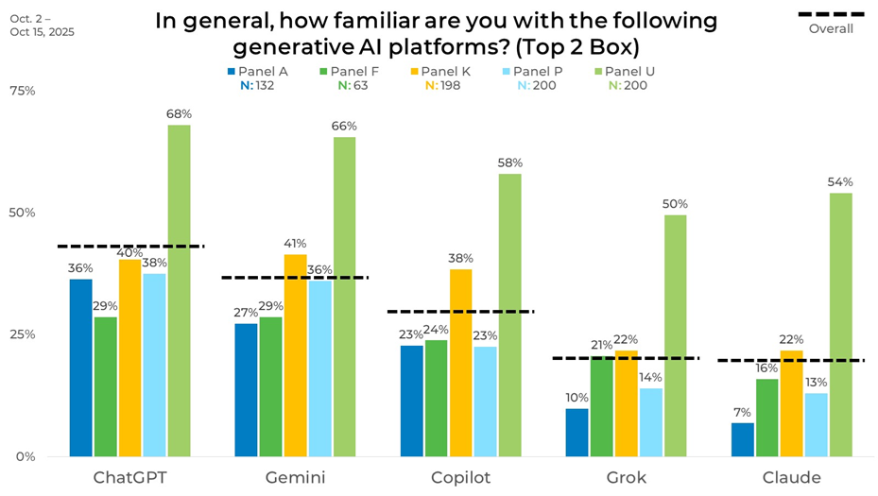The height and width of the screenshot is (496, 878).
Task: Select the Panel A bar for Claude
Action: (743, 439)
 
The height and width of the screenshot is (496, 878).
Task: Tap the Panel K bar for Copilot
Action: (460, 363)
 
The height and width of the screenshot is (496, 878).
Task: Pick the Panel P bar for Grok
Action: (651, 421)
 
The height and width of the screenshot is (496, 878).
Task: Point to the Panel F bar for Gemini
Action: (271, 386)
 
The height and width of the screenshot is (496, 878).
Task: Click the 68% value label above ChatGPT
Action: (179, 114)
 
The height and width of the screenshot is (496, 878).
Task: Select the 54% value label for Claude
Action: (840, 182)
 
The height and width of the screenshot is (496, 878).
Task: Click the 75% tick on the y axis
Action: (22, 91)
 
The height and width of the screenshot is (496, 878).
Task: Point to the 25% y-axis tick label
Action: (22, 334)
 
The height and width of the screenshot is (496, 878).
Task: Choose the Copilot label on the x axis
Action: (460, 477)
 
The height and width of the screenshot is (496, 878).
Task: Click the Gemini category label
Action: (295, 477)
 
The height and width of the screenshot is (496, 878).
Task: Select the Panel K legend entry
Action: (444, 71)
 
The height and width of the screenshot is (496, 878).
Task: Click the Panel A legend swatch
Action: (230, 71)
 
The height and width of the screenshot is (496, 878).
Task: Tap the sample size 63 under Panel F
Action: (361, 86)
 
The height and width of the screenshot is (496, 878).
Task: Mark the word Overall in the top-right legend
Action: (831, 28)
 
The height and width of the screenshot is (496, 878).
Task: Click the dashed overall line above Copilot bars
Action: (460, 311)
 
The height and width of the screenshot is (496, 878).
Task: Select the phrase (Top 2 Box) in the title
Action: (583, 46)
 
